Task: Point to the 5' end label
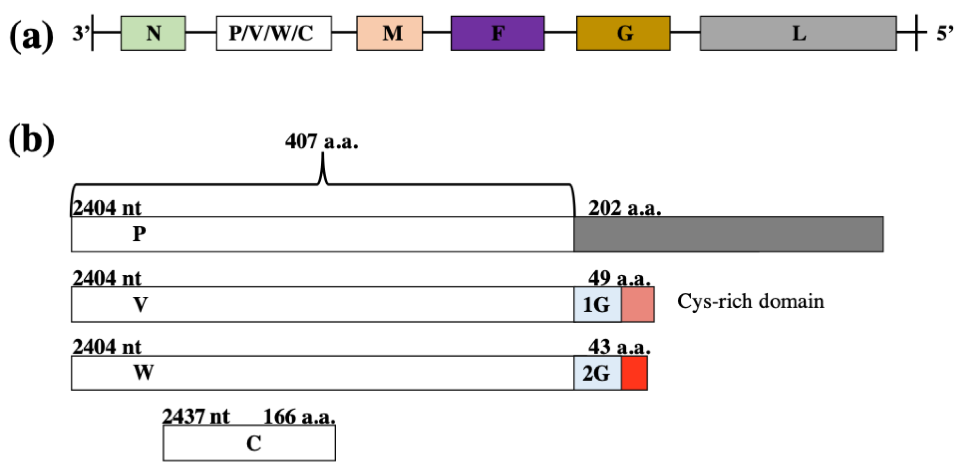point(944,34)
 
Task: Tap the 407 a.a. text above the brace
point(321,142)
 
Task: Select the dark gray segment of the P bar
point(728,234)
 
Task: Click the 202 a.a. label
point(624,208)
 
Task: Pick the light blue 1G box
point(597,304)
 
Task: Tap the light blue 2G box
point(597,373)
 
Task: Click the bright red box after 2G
point(634,373)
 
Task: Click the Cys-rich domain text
point(750,301)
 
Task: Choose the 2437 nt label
point(195,416)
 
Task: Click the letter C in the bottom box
point(253,444)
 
